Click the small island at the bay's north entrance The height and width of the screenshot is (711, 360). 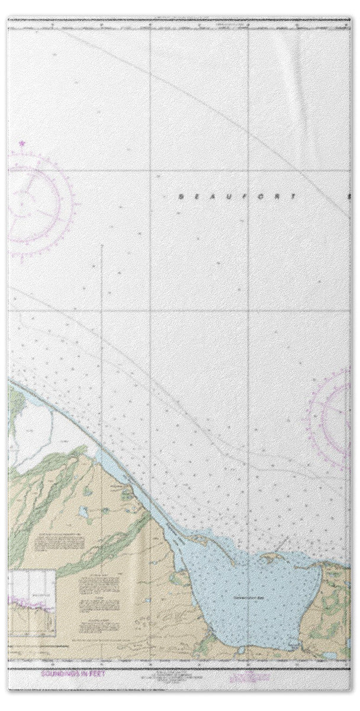click(x=272, y=558)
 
